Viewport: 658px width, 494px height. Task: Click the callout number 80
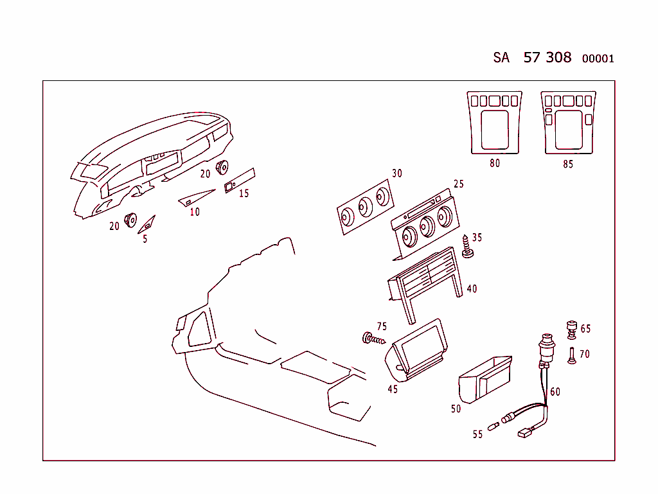tap(495, 163)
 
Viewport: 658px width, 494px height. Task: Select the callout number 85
tap(568, 164)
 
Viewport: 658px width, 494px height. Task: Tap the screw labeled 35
tap(467, 247)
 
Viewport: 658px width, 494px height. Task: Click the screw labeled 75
tap(373, 339)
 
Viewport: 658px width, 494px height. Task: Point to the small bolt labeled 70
tap(571, 356)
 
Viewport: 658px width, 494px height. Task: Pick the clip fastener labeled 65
tap(571, 330)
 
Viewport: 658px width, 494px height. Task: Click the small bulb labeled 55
tap(493, 427)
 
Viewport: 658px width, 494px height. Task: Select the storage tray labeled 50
tap(485, 380)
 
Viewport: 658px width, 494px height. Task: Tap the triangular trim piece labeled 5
tap(147, 224)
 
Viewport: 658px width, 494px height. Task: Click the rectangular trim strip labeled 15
tap(240, 181)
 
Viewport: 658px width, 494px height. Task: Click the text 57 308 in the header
tap(547, 57)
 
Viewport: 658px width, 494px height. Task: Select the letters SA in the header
tap(501, 57)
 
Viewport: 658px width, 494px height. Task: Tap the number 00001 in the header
tap(598, 58)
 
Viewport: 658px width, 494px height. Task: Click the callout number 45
tap(393, 389)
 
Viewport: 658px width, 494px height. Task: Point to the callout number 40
tap(472, 288)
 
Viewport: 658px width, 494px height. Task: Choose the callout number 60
tap(555, 392)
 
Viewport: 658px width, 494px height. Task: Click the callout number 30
tap(396, 173)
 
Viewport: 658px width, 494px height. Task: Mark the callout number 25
tap(459, 184)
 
